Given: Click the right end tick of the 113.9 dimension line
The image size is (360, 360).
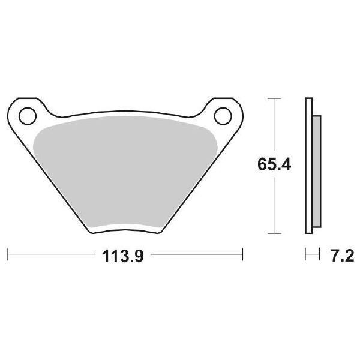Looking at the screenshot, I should tap(242, 255).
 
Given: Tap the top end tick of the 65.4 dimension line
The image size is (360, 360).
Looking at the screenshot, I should tap(274, 97).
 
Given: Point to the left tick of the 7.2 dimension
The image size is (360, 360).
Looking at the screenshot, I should tap(306, 255).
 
